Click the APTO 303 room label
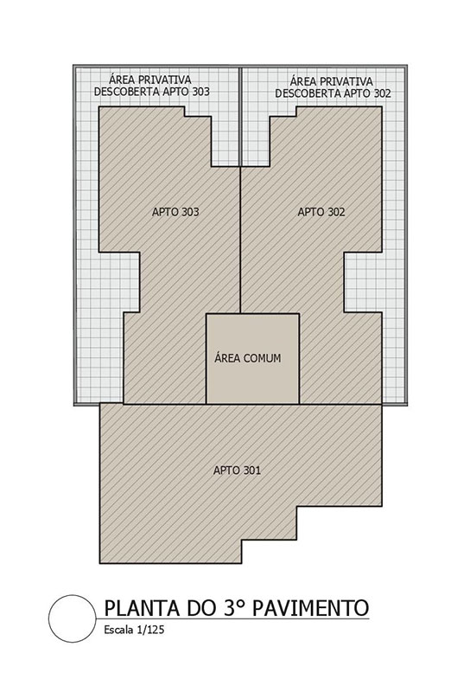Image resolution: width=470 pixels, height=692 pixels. pyautogui.click(x=175, y=212)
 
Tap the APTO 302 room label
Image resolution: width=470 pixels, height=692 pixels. pyautogui.click(x=321, y=212)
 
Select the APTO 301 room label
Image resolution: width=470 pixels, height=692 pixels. pyautogui.click(x=237, y=470)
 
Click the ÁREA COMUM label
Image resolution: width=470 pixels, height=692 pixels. pyautogui.click(x=248, y=357)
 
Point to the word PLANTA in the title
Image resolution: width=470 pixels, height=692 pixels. pyautogui.click(x=143, y=608)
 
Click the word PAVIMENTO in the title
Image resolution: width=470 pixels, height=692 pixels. pyautogui.click(x=310, y=608)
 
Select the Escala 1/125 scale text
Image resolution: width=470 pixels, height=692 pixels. pyautogui.click(x=134, y=630)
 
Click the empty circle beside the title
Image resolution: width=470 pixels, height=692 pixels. pyautogui.click(x=73, y=618)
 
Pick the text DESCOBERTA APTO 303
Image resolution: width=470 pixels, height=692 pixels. pyautogui.click(x=152, y=92)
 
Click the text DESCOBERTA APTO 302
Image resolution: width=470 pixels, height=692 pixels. pyautogui.click(x=333, y=93)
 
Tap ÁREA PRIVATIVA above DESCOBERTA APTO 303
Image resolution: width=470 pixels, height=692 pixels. pyautogui.click(x=150, y=80)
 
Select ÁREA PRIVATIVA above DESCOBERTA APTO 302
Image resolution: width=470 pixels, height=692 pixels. pyautogui.click(x=332, y=81)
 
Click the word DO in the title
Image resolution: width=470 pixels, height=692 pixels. pyautogui.click(x=200, y=608)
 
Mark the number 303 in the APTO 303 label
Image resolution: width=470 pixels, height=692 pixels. pyautogui.click(x=190, y=212)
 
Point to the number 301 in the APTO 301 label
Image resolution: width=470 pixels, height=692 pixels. pyautogui.click(x=251, y=470)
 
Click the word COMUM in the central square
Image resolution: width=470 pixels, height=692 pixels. pyautogui.click(x=262, y=358)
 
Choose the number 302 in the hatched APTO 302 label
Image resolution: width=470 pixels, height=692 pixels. pyautogui.click(x=335, y=212)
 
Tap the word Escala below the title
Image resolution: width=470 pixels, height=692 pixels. pyautogui.click(x=118, y=630)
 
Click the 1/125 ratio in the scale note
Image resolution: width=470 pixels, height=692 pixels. pyautogui.click(x=150, y=630)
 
